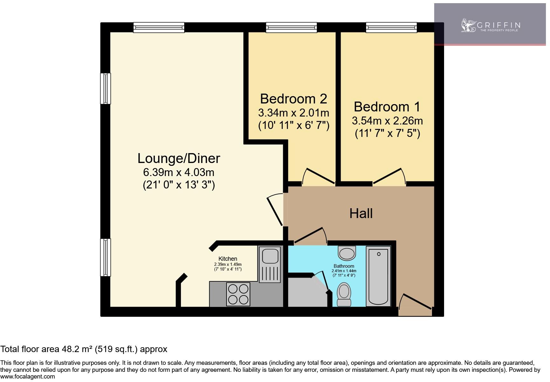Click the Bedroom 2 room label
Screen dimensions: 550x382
point(293,99)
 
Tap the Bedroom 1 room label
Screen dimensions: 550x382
point(387,107)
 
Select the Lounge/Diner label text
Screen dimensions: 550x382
point(179,159)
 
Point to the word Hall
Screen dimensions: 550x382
point(361,213)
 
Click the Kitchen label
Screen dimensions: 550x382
point(228,259)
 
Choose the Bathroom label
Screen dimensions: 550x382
point(344,266)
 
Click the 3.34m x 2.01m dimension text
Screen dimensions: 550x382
point(294,113)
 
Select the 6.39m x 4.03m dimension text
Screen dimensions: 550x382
point(179,172)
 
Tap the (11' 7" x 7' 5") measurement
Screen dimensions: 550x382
point(387,133)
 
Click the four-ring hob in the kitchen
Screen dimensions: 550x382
point(238,294)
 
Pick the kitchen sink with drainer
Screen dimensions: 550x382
point(269,264)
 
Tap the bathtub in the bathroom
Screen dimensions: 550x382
point(378,276)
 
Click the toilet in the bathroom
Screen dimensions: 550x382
point(344,294)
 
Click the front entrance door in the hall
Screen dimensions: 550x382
point(415,305)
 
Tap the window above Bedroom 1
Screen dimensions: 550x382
point(391,27)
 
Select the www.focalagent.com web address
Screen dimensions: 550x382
point(28,377)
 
